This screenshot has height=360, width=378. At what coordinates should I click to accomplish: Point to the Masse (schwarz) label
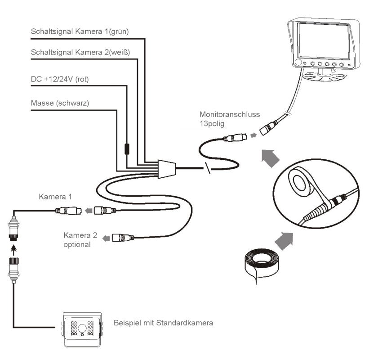click(59, 103)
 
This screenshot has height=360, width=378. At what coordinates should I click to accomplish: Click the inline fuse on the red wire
click(127, 148)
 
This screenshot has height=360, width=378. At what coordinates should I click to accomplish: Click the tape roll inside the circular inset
click(298, 183)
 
